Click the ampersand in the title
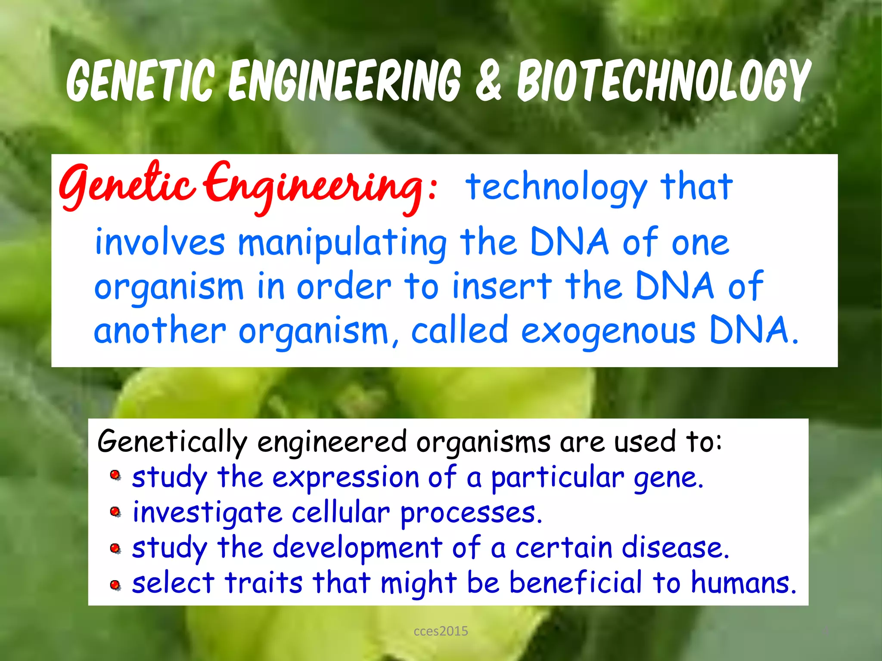488,81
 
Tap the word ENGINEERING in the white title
345,81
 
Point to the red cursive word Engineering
314,187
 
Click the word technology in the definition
556,187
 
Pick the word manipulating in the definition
342,243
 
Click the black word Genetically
172,442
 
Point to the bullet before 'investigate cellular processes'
115,512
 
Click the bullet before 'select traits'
115,585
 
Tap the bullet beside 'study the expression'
115,476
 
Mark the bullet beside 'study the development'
115,549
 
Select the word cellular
341,513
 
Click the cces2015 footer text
441,631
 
